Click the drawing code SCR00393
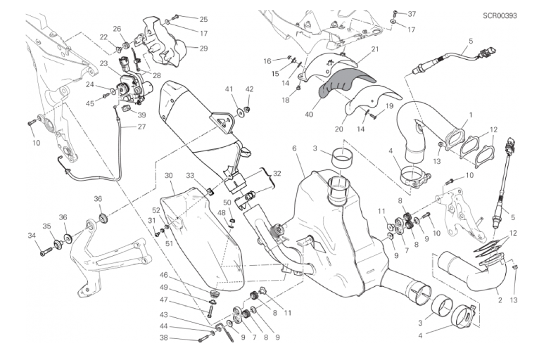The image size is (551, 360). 500,15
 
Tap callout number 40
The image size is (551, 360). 309,114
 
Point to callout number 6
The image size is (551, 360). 294,148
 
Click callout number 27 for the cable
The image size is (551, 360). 141,127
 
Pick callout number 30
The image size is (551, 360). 169,175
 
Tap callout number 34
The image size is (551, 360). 32,236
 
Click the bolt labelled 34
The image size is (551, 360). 46,251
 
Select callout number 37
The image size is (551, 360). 412,14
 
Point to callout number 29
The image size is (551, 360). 203,49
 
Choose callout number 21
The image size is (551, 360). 375,49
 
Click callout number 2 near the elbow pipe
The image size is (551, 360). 500,300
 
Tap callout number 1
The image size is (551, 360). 471,115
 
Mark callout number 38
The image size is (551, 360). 164,338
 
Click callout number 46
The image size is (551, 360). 164,275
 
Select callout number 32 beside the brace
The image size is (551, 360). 277,174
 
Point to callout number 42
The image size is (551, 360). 249,89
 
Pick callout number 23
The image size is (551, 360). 103,64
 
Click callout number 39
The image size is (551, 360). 141,115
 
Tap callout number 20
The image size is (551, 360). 338,129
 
